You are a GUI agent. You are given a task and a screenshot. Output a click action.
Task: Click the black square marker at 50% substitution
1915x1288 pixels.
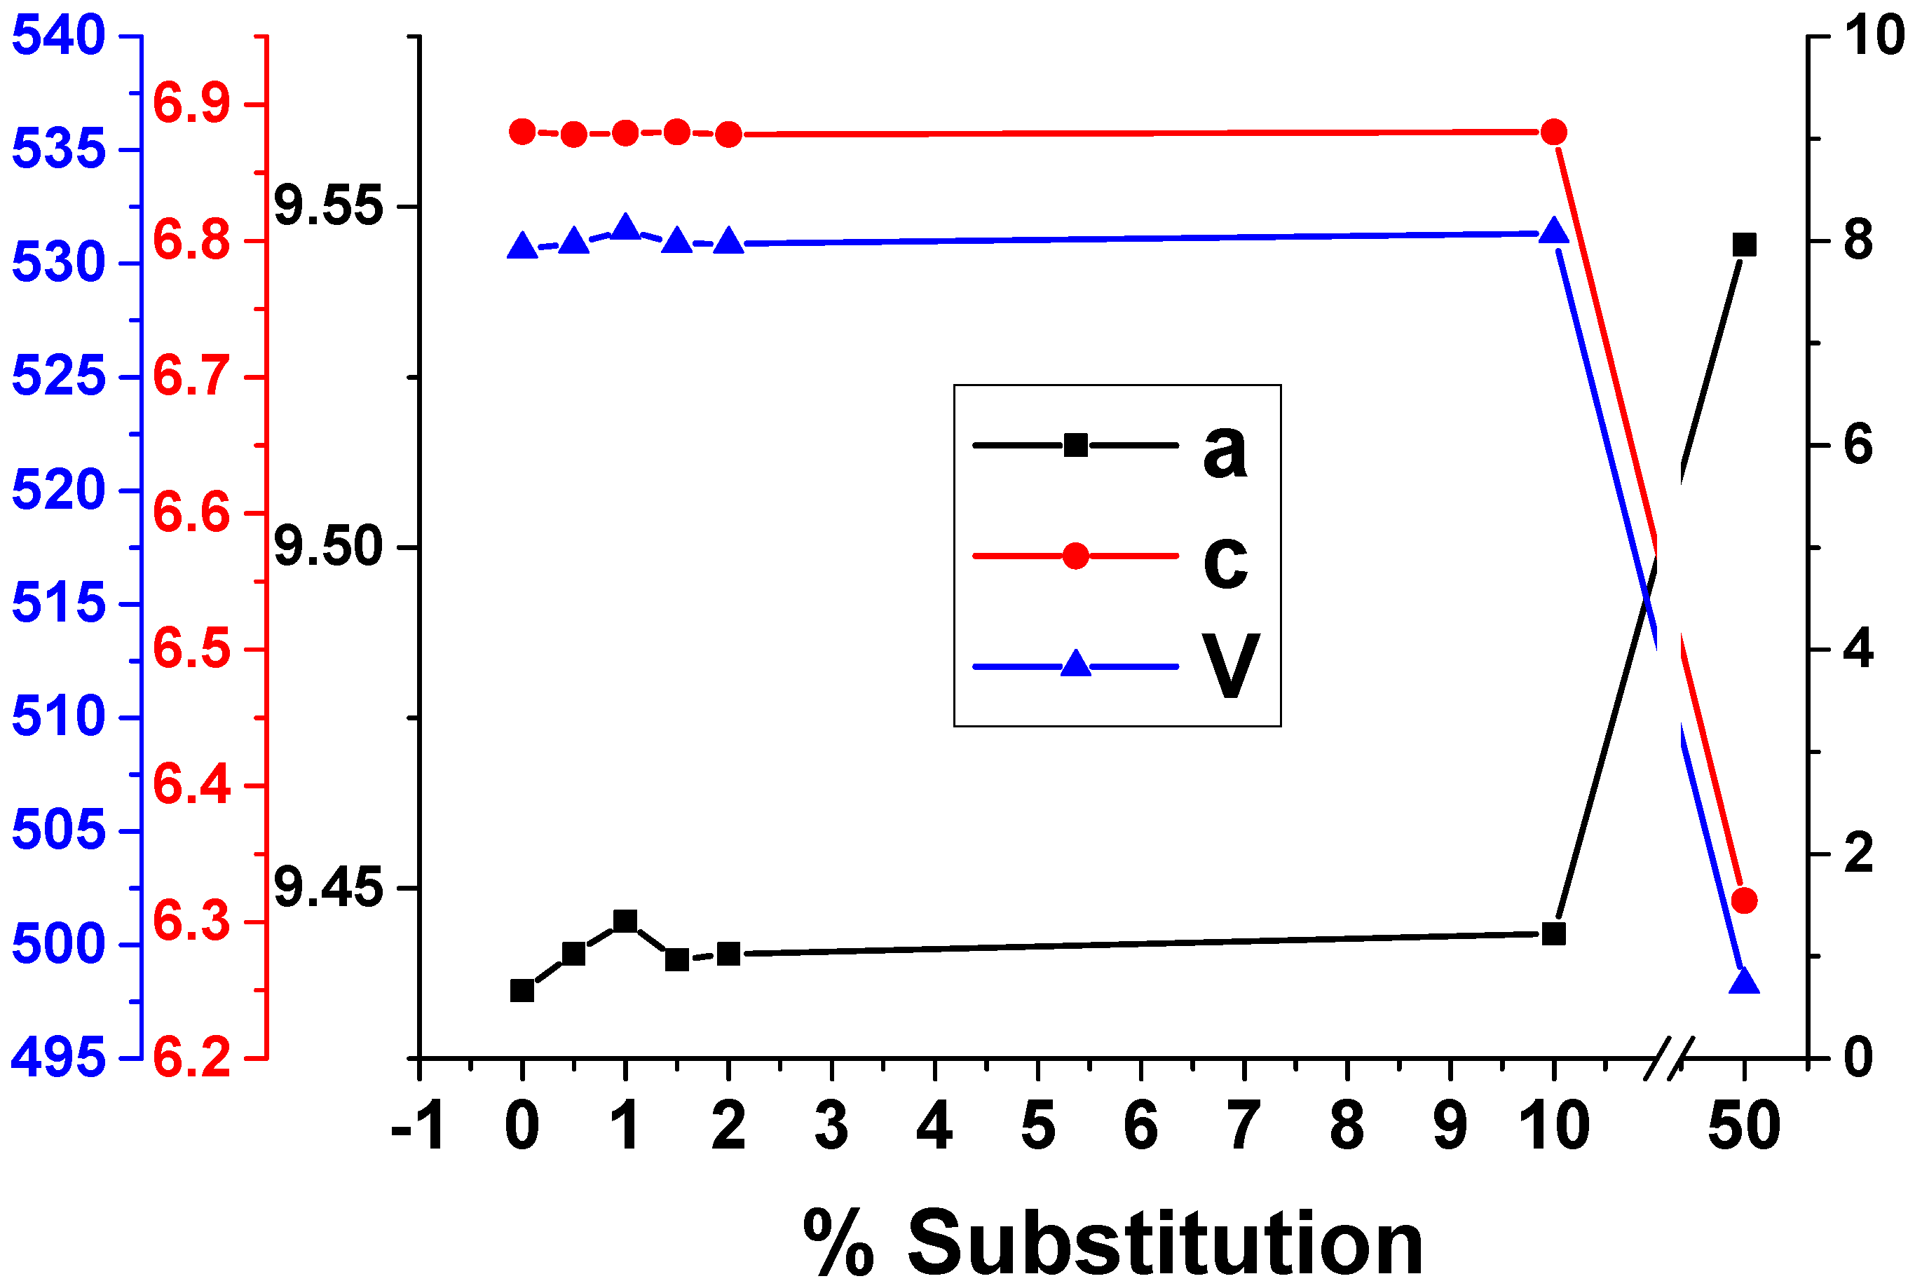(x=1743, y=245)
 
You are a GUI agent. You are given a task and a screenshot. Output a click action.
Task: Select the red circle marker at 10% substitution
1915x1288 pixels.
(x=1553, y=132)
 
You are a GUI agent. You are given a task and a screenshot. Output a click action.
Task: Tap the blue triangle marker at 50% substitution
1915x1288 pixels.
(x=1743, y=982)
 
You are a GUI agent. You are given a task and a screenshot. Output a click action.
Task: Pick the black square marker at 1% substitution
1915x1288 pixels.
(x=625, y=921)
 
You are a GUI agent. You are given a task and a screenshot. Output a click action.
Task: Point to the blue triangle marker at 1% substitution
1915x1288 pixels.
(x=625, y=228)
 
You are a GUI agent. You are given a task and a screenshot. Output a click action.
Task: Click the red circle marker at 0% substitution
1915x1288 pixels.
(x=522, y=132)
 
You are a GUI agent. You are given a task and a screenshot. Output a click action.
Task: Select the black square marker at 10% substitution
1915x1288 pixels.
(x=1553, y=934)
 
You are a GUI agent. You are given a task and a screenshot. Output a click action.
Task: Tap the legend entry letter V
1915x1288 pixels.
(x=1229, y=666)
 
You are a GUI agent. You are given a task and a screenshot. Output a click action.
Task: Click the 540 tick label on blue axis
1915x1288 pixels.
(x=58, y=36)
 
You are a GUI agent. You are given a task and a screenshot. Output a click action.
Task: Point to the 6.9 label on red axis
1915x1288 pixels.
(x=191, y=104)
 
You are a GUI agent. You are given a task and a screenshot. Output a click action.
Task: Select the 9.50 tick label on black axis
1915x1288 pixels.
(x=329, y=547)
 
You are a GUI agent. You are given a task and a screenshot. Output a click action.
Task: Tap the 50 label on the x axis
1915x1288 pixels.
(x=1743, y=1126)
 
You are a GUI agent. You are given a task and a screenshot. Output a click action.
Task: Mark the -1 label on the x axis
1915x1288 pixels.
(x=418, y=1126)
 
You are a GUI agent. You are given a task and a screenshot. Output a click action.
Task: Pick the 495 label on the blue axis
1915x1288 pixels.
(x=58, y=1058)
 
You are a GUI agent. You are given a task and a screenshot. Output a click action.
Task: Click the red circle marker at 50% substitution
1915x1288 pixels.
(x=1743, y=900)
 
